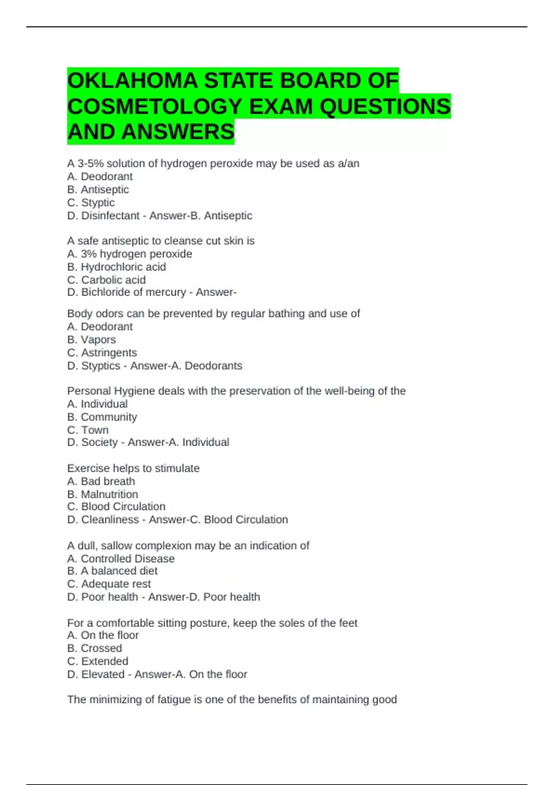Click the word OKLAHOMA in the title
tap(132, 81)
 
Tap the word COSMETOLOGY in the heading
tap(155, 107)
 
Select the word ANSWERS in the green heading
tap(178, 132)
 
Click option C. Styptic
tap(91, 203)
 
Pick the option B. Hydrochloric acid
tap(116, 267)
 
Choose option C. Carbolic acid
tap(106, 280)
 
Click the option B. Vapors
tap(91, 340)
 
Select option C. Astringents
tap(102, 353)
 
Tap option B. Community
tap(102, 417)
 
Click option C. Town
tap(88, 430)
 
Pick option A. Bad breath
tap(101, 481)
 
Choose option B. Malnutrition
tap(102, 494)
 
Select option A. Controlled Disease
tap(121, 559)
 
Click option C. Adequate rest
tap(109, 584)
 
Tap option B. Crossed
tap(95, 648)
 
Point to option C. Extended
tap(98, 661)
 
